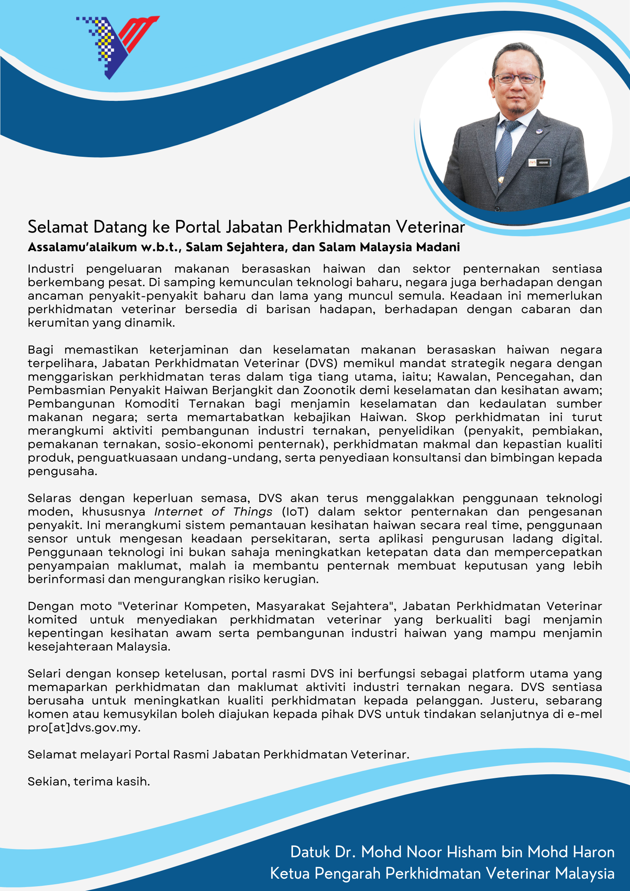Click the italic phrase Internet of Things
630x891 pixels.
click(x=213, y=512)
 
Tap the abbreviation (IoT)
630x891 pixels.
click(x=295, y=512)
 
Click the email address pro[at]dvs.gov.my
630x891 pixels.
click(x=84, y=728)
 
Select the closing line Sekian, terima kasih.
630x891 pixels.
click(x=89, y=782)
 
